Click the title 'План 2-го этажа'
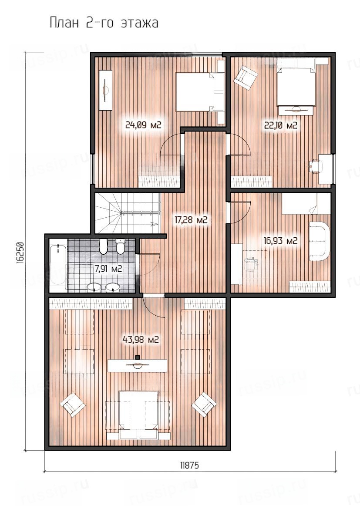pos(104,24)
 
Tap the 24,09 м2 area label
pos(143,125)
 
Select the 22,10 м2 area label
pos(281,125)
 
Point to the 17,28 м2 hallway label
pos(191,220)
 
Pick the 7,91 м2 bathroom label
pos(108,269)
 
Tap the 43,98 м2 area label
pos(141,340)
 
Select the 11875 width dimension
pos(189,465)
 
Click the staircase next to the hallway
pos(128,213)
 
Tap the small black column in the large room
pos(138,357)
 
